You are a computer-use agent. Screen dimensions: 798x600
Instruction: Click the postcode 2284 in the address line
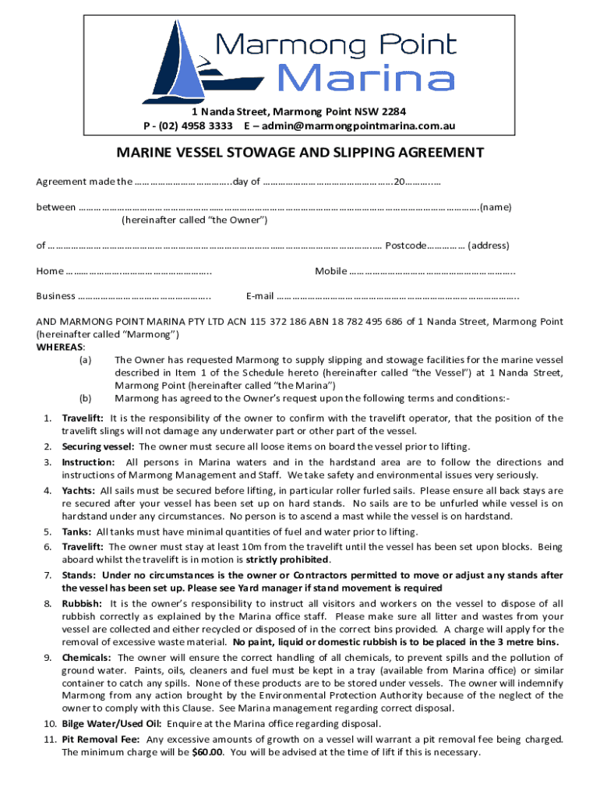pos(391,111)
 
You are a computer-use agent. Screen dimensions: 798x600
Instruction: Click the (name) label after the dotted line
pos(495,207)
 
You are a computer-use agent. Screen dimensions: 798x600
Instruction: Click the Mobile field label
pos(331,271)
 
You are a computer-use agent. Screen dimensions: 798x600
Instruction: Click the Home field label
pos(50,271)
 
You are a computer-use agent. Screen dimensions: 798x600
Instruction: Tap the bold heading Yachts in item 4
pos(79,491)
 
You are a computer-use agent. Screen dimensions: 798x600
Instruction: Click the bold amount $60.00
pos(207,753)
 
